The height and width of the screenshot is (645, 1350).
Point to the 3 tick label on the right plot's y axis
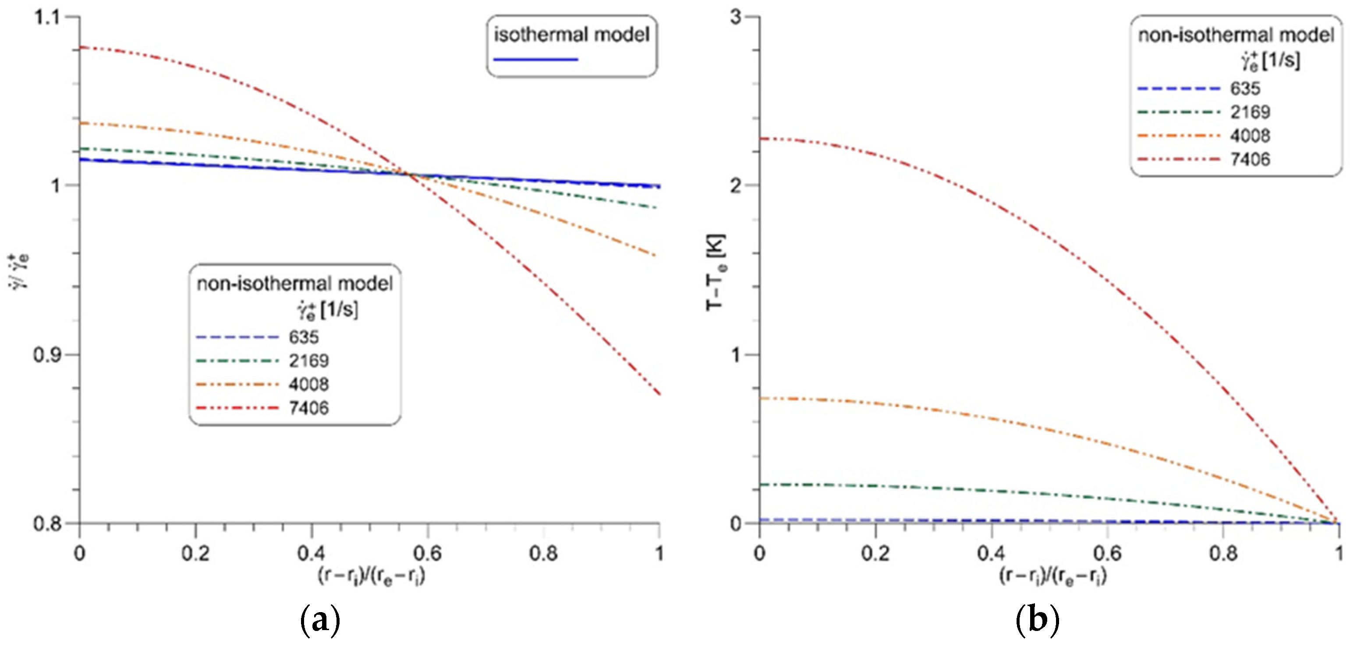coord(736,17)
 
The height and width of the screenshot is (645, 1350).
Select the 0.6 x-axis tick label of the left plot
coord(427,553)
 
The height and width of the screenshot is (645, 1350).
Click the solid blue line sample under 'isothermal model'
coord(535,60)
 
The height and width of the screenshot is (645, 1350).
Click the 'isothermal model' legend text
coord(572,35)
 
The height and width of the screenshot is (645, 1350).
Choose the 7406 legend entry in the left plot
coord(308,408)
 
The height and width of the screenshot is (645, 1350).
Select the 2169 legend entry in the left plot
coord(308,361)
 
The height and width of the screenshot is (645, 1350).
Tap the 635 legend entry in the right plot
coord(1245,89)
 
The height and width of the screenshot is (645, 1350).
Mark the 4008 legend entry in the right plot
coord(1250,136)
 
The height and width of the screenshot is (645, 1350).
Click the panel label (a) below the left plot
coord(320,620)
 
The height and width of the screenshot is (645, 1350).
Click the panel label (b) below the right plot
coord(1037,620)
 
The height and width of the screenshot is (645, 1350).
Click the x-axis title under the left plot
coord(372,576)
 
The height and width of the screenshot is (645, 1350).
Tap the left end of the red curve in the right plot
coord(761,139)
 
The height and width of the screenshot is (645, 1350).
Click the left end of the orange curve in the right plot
coord(761,399)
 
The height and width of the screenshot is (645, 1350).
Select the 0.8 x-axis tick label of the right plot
coord(1222,553)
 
